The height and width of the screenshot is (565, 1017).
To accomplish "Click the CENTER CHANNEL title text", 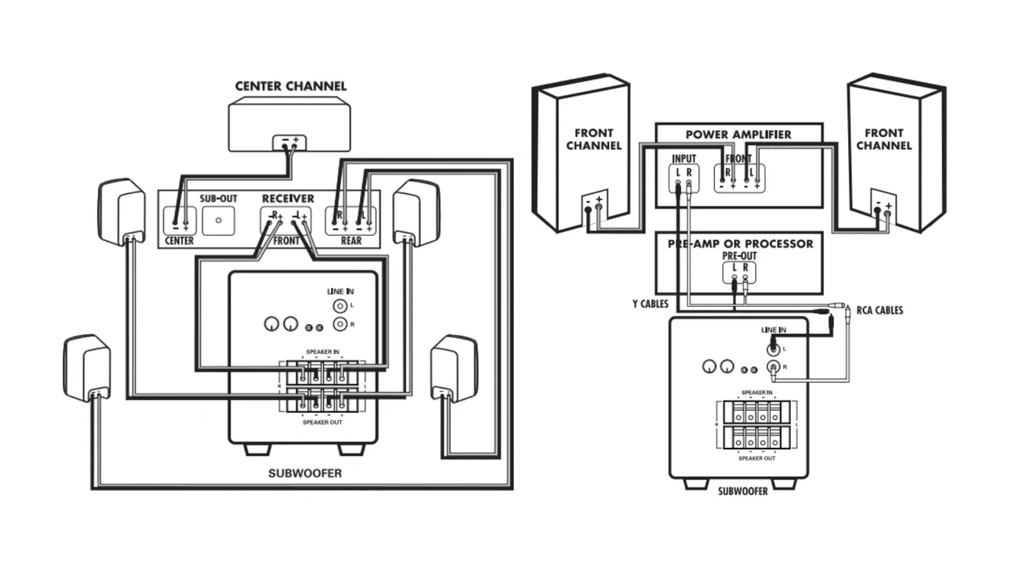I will (290, 86).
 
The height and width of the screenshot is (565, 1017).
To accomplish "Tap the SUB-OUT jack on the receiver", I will (218, 221).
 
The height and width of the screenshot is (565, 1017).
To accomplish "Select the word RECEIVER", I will (288, 199).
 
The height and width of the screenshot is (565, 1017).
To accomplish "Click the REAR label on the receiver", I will (351, 241).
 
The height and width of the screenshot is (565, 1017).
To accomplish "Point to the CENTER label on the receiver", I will (180, 241).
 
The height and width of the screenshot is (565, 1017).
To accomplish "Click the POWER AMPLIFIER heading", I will (738, 135).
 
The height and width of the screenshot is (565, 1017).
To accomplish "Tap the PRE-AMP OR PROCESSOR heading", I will (740, 243).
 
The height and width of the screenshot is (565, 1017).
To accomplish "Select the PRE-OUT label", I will (739, 257).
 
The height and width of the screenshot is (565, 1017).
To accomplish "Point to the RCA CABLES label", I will (879, 311).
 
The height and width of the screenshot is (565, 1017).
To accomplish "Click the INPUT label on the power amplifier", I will (684, 159).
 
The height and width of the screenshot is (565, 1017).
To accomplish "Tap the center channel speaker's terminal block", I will (289, 143).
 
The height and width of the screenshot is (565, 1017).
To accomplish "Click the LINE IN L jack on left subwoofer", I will (340, 306).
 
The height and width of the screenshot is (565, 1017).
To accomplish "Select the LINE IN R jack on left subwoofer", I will (340, 323).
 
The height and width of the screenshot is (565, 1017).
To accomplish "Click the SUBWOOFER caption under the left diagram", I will (305, 473).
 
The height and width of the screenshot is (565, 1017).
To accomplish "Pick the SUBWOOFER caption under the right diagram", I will (742, 491).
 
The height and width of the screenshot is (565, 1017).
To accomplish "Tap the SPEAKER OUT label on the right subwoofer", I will (757, 458).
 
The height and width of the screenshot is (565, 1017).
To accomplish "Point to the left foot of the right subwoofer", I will (695, 484).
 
